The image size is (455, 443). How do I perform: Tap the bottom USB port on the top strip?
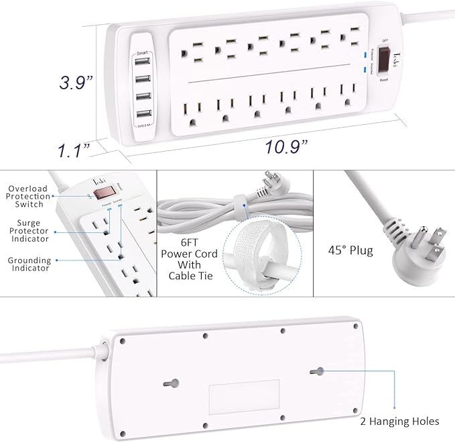pyautogui.click(x=141, y=112)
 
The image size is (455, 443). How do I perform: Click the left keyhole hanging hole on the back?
pyautogui.click(x=172, y=383)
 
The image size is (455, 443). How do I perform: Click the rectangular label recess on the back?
pyautogui.click(x=243, y=397)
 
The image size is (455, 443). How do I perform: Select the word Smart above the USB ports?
pyautogui.click(x=141, y=52)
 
